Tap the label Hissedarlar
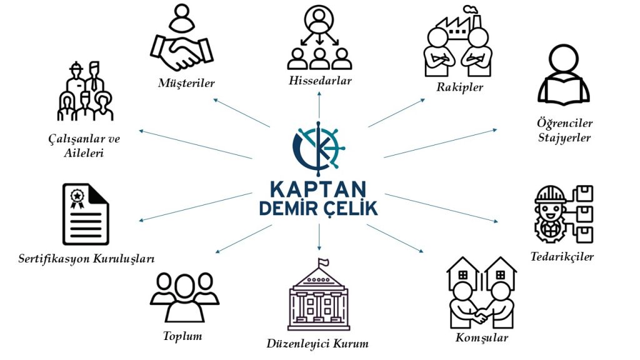[320, 81]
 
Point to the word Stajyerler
[564, 137]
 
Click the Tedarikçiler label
[562, 256]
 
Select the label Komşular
[481, 338]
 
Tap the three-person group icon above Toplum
[184, 297]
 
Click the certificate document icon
[86, 214]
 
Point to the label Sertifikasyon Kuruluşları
[86, 257]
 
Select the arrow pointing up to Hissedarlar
[319, 106]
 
